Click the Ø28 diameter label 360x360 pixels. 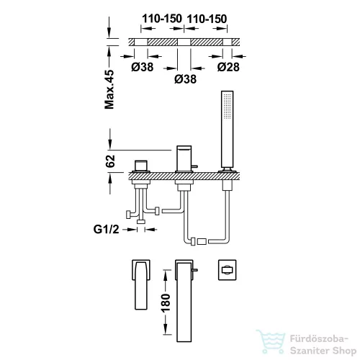coord(228,67)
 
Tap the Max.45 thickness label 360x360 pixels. coord(109,89)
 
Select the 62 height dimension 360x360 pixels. coord(110,161)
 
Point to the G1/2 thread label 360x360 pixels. coord(106,230)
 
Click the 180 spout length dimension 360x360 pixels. coord(166,302)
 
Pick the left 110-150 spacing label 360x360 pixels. coord(162,19)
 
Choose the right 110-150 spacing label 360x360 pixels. coord(207,19)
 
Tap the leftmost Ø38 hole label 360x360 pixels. coord(143,67)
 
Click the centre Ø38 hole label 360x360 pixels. coord(185,79)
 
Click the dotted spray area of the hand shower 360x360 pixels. coord(227,106)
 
